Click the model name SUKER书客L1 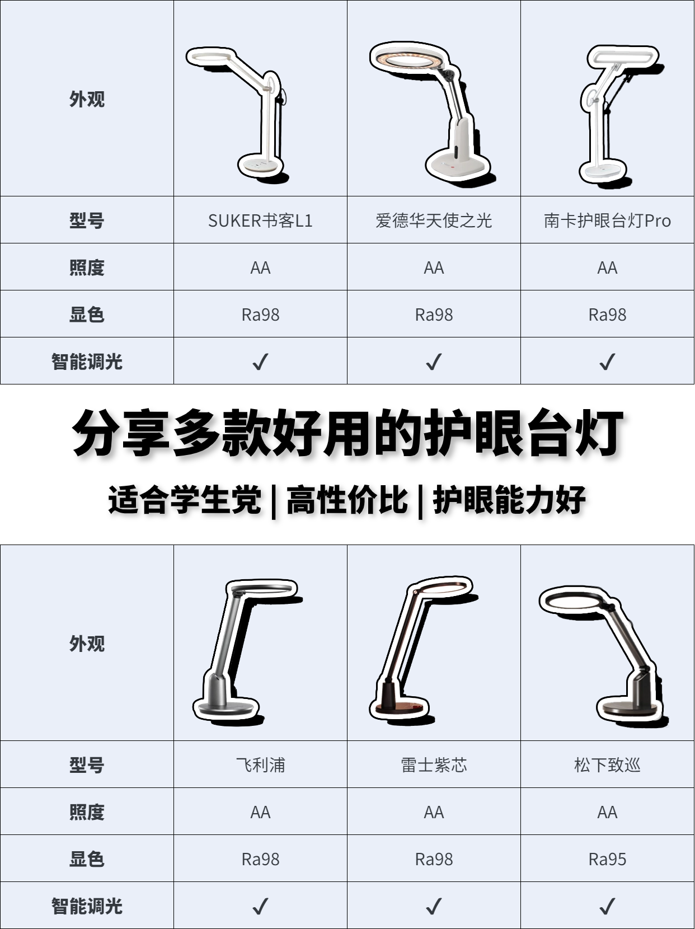tap(260, 220)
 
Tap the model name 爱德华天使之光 tap(434, 220)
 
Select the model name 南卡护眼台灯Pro tap(607, 220)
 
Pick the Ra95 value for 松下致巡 tap(607, 859)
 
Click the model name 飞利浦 tap(260, 765)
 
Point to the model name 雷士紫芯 tap(434, 765)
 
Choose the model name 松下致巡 tap(607, 765)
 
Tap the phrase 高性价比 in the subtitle tap(347, 500)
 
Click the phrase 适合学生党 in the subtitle tap(185, 500)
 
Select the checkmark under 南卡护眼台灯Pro tap(607, 362)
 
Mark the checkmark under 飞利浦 tap(260, 905)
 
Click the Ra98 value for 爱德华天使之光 tap(434, 315)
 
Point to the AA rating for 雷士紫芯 tap(434, 812)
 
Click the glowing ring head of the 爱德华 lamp tap(408, 59)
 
